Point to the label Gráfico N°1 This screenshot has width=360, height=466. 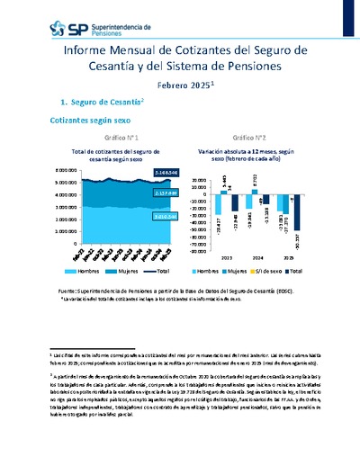pyautogui.click(x=120, y=138)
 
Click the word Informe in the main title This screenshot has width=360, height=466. pyautogui.click(x=87, y=51)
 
